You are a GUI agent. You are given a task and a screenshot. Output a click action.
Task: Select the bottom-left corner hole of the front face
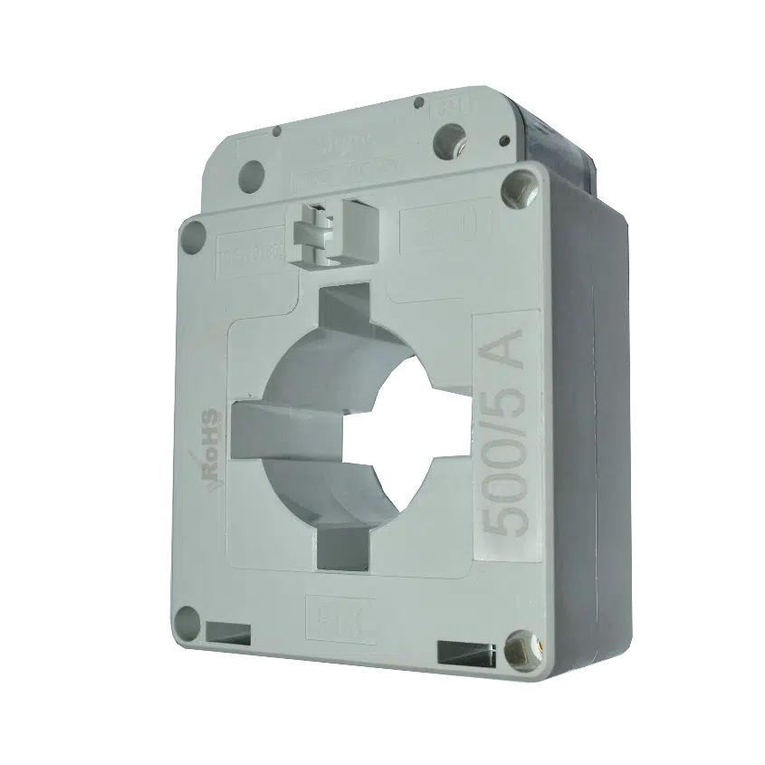click(x=186, y=622)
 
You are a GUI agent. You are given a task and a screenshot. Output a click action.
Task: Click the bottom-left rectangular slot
click(x=230, y=630)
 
